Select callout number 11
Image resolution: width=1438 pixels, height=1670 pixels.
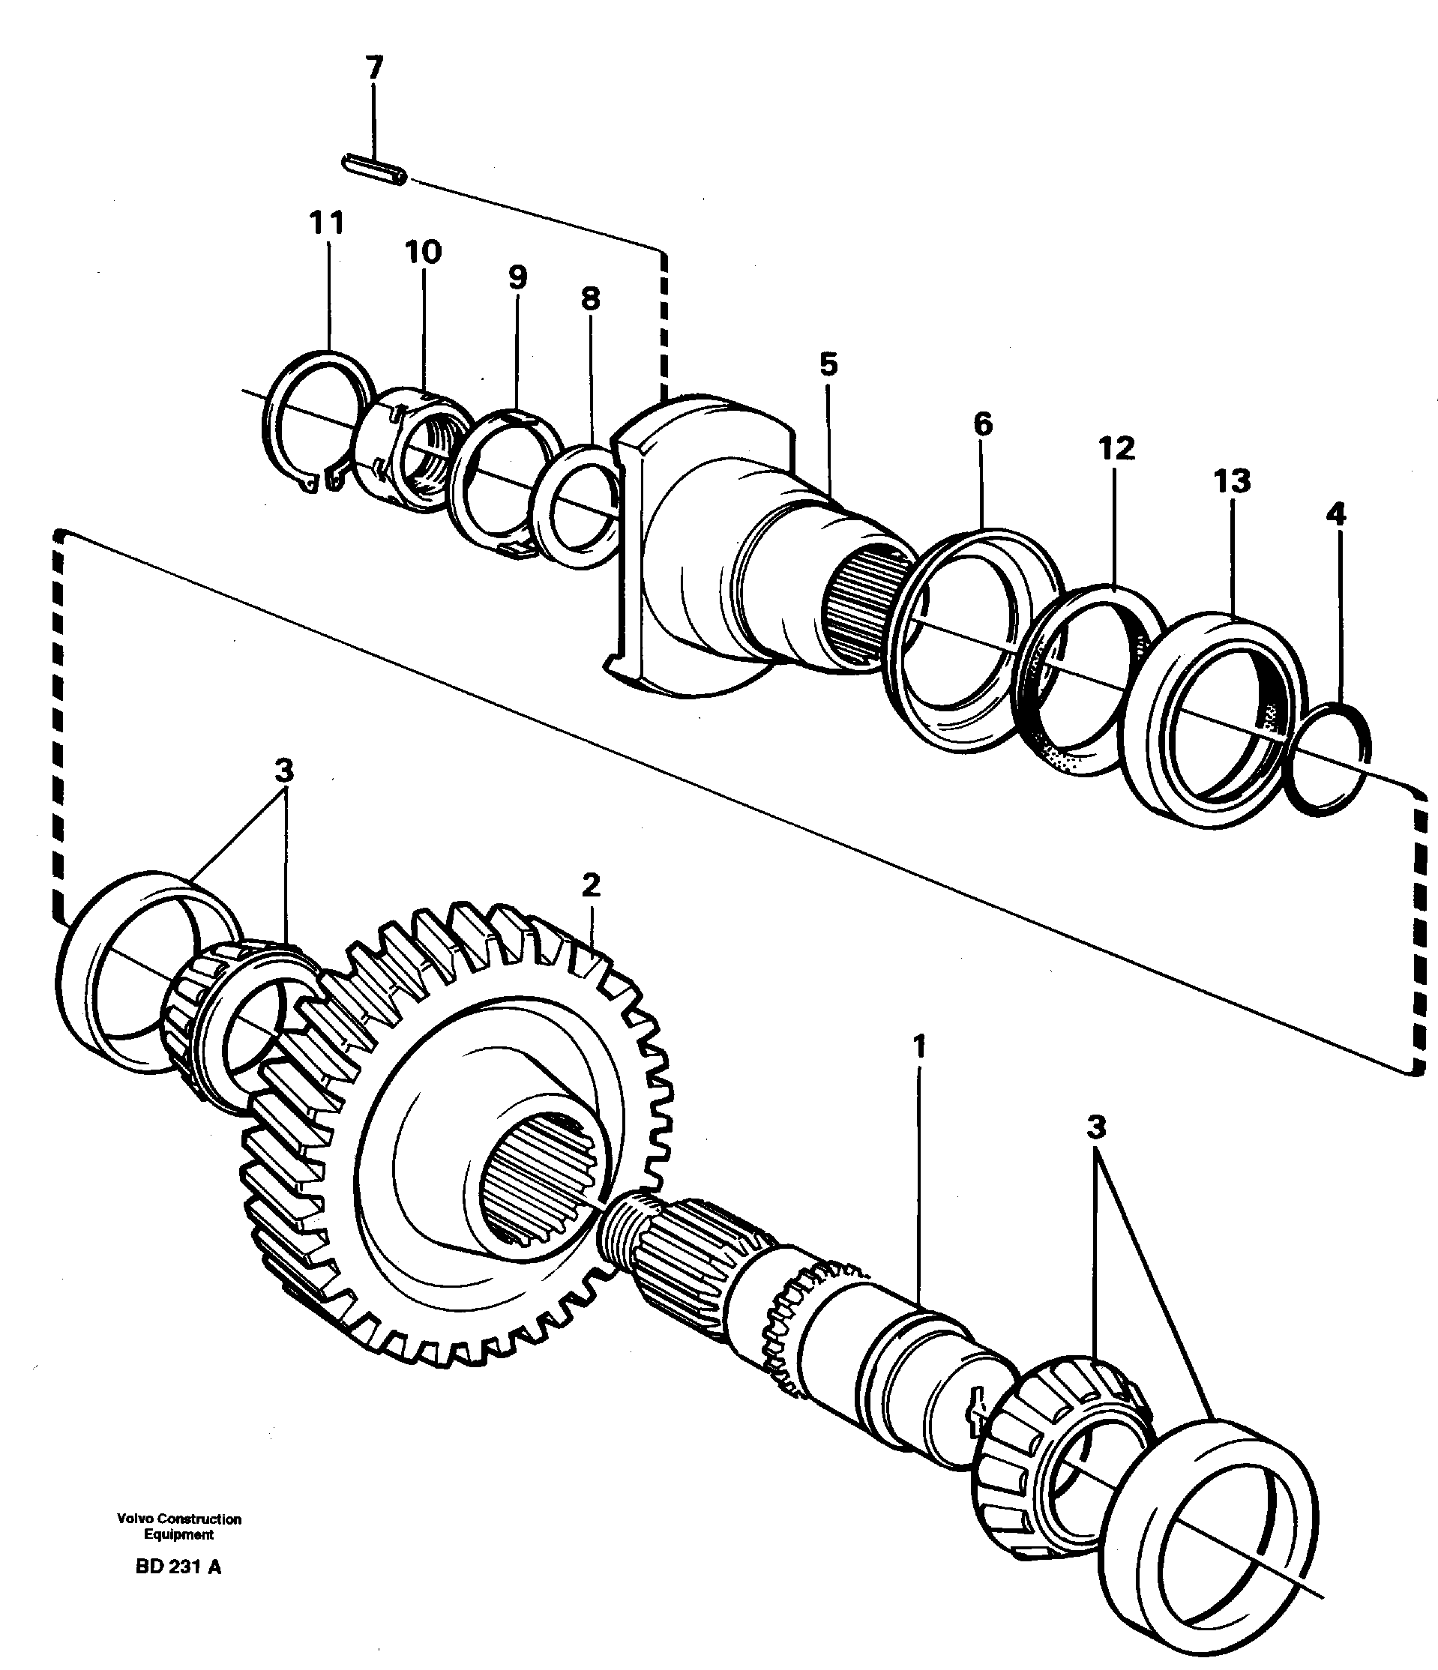[x=326, y=223]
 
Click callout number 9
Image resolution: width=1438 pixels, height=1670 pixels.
[x=517, y=277]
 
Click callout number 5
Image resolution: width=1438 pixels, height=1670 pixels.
[x=828, y=364]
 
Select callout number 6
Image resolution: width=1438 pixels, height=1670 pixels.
[x=983, y=424]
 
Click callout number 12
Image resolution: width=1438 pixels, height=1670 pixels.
[x=1116, y=448]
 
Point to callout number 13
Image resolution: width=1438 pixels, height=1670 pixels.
[x=1233, y=481]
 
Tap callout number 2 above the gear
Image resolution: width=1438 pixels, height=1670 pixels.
[x=591, y=886]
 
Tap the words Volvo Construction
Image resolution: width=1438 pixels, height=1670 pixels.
[x=179, y=1519]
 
